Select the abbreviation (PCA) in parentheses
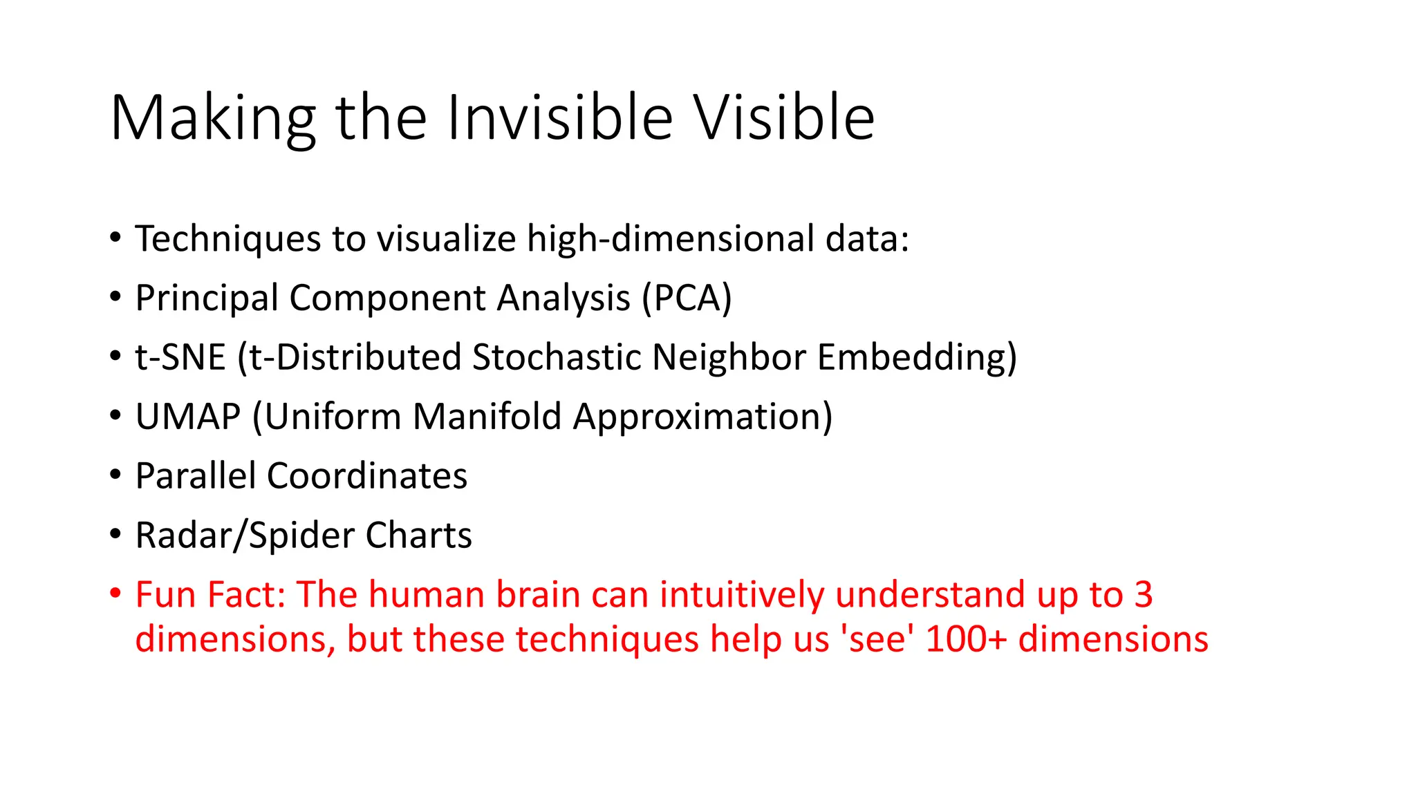point(687,298)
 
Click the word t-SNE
point(180,358)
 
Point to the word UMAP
point(188,417)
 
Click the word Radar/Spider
point(245,536)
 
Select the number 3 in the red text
point(1143,595)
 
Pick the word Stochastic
point(557,358)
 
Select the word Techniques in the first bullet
point(228,239)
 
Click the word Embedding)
point(917,358)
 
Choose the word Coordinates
point(367,477)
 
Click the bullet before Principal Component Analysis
point(115,297)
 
